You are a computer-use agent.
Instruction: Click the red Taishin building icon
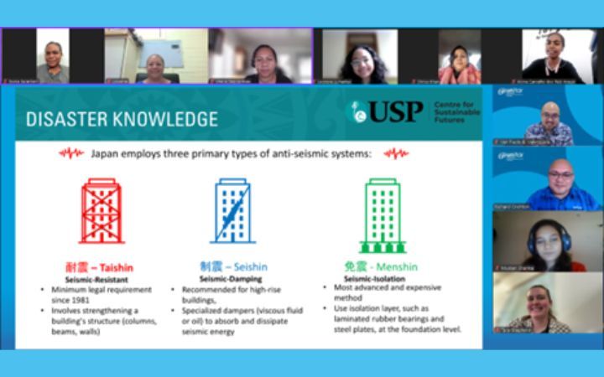tap(102, 211)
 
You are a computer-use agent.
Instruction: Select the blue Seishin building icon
tap(232, 211)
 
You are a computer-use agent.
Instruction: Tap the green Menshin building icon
tap(382, 214)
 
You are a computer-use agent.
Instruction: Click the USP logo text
tap(396, 112)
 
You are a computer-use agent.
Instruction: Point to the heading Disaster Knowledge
tap(122, 118)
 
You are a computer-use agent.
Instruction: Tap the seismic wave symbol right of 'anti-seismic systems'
tap(396, 152)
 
